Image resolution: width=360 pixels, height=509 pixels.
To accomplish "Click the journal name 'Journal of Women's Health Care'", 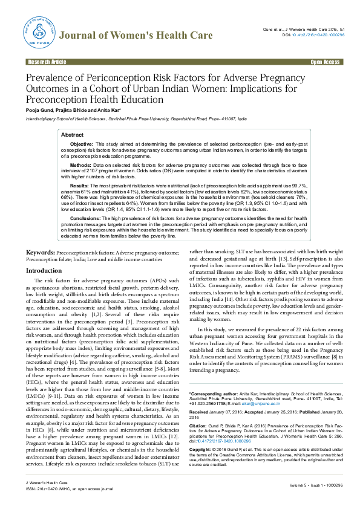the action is pyautogui.click(x=137, y=36).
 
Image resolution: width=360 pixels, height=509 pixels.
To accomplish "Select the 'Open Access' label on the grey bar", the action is pyautogui.click(x=325, y=62).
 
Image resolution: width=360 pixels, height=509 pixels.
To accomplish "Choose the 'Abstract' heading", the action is pyautogui.click(x=73, y=135).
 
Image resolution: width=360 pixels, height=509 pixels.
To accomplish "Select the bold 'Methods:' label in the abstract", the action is pyautogui.click(x=80, y=165).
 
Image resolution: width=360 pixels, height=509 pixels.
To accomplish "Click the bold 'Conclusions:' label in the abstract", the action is pyautogui.click(x=85, y=218).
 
